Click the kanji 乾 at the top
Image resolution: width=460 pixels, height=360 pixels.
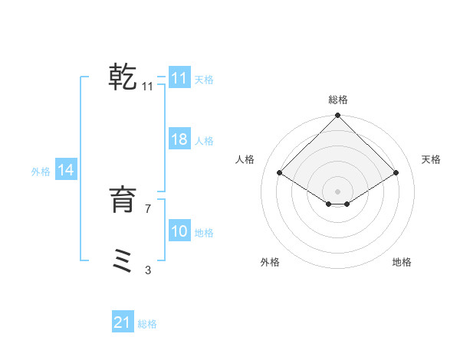[x=123, y=77]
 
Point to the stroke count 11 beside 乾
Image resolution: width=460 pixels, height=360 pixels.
[x=148, y=87]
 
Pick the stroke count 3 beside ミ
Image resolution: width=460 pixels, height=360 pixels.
[x=148, y=270]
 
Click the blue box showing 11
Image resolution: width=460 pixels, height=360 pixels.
[x=179, y=78]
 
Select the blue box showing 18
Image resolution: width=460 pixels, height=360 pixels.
[x=179, y=139]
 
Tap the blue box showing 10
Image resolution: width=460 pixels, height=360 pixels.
[x=179, y=231]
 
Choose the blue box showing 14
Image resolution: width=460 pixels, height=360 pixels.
[x=66, y=171]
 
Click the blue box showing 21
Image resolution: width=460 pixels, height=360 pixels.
[x=123, y=322]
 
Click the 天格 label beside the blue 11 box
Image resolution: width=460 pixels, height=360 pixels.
[x=204, y=79]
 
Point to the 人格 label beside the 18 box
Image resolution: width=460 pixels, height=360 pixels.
[x=204, y=141]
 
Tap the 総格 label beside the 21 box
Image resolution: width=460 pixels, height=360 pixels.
[x=147, y=324]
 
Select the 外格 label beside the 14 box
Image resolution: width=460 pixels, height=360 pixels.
[x=41, y=172]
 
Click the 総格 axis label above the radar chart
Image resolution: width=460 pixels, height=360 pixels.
[x=338, y=100]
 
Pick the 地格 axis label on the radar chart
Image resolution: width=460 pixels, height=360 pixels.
[x=402, y=262]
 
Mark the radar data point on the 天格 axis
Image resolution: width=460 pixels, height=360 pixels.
[x=396, y=173]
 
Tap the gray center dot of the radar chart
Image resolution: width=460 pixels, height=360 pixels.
[x=338, y=191]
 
